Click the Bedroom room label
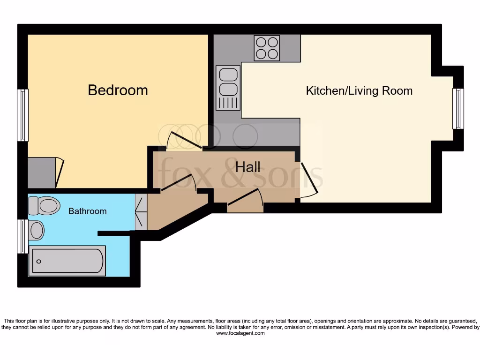point(118,90)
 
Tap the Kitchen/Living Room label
point(359,90)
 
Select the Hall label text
point(248,167)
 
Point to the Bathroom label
point(87,211)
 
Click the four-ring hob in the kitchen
point(267,48)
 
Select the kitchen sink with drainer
point(228,88)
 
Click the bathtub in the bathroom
point(67,262)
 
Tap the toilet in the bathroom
point(44,205)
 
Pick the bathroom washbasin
point(36,230)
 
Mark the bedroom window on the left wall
point(22,115)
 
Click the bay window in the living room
point(458,109)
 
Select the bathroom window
point(22,236)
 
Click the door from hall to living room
point(308,179)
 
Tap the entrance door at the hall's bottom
point(245,198)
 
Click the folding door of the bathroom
point(141,212)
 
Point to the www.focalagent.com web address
point(240,333)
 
